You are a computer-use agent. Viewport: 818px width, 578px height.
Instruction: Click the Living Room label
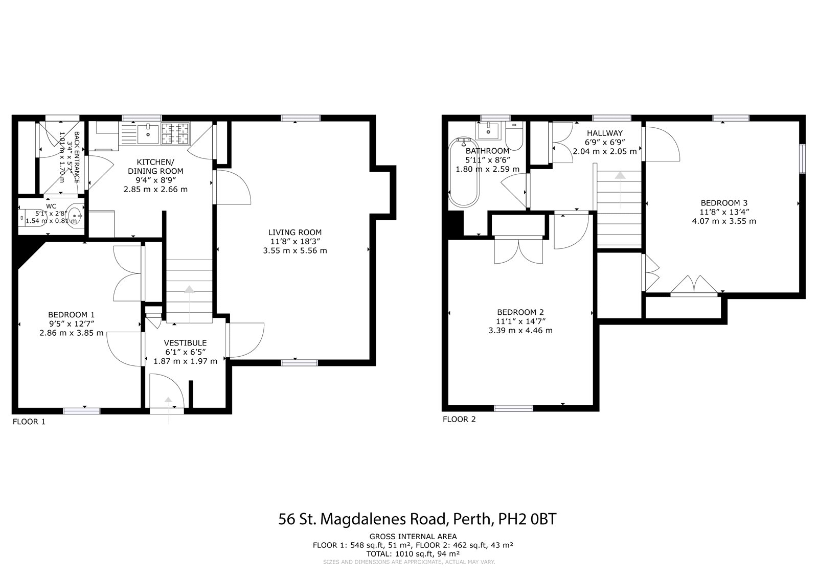pos(295,233)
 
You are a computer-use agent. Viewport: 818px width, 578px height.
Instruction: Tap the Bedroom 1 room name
pos(71,315)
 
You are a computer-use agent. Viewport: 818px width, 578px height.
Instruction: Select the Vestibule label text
pos(185,342)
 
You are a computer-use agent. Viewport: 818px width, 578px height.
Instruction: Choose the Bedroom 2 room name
pos(520,312)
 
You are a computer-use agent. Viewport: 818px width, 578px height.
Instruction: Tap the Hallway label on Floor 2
pos(604,133)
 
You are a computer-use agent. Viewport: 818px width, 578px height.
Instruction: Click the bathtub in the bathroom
pos(464,173)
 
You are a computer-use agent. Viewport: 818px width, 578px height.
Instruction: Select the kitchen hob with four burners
pos(175,134)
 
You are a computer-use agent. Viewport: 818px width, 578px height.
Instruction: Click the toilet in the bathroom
pos(514,137)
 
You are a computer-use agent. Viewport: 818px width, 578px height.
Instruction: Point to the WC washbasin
pos(75,216)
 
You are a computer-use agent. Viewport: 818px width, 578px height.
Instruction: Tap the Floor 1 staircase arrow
pos(189,290)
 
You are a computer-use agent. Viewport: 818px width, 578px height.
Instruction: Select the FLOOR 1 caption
pos(29,422)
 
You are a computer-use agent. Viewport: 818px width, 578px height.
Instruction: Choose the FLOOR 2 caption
pos(459,420)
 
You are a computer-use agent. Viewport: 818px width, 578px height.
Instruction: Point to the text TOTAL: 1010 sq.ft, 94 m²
pos(413,553)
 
